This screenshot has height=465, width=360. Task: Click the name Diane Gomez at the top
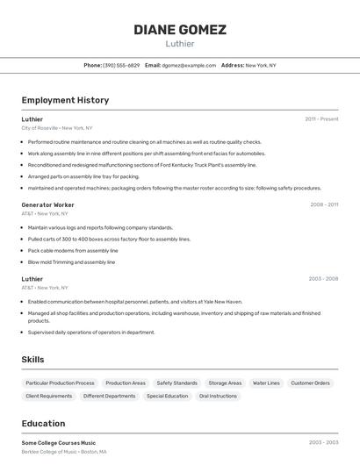179,29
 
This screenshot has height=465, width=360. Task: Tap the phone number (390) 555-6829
121,65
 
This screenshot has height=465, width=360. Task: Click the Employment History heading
65,100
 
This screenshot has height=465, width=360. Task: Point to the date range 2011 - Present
321,118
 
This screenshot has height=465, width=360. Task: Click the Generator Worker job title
47,204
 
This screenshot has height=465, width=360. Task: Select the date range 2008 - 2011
323,204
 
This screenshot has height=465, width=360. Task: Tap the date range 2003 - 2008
323,279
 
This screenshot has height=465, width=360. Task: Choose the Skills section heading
33,360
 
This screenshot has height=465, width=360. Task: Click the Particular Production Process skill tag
60,383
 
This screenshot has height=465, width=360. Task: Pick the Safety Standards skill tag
176,383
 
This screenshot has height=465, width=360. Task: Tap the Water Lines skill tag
266,383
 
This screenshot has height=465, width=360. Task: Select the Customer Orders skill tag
310,383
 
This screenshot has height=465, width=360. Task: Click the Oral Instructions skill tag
218,396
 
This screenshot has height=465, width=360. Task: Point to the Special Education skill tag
167,396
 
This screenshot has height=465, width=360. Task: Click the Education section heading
43,423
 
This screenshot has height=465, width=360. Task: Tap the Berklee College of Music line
64,452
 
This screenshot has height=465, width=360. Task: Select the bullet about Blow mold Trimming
71,261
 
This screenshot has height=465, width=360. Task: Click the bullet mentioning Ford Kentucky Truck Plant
141,164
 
